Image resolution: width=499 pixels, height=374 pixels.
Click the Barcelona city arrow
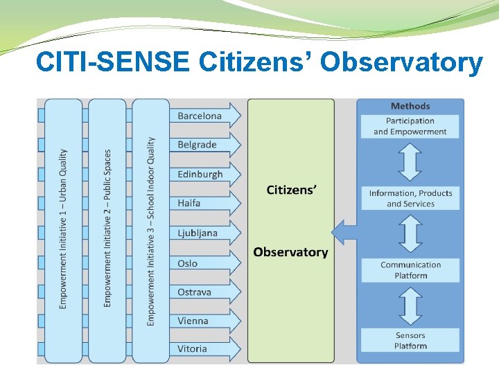204,116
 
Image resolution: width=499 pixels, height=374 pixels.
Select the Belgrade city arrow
204,145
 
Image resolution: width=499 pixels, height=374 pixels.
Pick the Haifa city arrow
204,203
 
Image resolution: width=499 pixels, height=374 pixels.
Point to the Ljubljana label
198,233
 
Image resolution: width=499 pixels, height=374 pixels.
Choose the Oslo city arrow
204,263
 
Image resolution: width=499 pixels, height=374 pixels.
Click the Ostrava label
194,292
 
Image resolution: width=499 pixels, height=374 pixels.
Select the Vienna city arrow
204,321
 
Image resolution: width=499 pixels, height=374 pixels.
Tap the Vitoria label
192,349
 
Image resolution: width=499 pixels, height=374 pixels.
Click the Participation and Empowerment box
410,126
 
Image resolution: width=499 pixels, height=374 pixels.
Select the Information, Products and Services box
410,198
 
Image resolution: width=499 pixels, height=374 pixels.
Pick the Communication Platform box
410,270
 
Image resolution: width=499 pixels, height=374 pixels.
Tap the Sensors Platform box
410,340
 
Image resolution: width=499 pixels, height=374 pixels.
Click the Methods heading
410,106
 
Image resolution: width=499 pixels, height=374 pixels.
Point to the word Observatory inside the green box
290,252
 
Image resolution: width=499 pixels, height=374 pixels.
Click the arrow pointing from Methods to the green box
344,231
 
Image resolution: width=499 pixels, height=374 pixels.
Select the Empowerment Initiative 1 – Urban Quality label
64,229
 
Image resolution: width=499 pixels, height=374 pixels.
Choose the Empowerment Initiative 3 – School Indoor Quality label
151,231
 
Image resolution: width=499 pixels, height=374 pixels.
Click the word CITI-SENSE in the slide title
112,62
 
